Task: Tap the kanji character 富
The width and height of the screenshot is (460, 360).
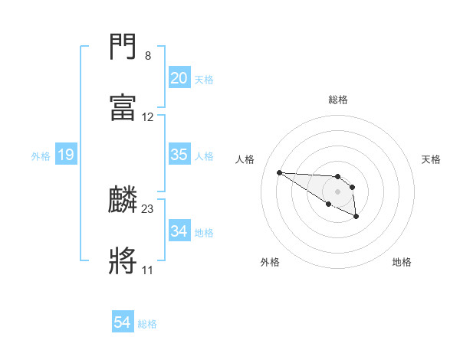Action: pyautogui.click(x=123, y=108)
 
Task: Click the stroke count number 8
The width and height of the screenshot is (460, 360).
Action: pyautogui.click(x=148, y=56)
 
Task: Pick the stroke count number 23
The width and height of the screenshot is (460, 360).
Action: pyautogui.click(x=148, y=208)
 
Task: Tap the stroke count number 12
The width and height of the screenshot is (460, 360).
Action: pyautogui.click(x=148, y=117)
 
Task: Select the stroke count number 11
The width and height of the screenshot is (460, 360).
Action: pyautogui.click(x=147, y=270)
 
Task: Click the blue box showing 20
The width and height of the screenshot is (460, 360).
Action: pyautogui.click(x=179, y=78)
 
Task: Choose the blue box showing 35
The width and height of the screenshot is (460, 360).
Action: pyautogui.click(x=179, y=155)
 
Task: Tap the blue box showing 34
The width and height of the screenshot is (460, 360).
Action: pyautogui.click(x=179, y=231)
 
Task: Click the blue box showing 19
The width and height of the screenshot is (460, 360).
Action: pyautogui.click(x=66, y=155)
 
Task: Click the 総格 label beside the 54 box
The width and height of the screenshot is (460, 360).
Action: pyautogui.click(x=148, y=324)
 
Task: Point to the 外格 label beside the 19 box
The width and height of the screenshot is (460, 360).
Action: pyautogui.click(x=41, y=156)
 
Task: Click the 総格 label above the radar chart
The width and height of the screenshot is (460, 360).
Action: pyautogui.click(x=338, y=100)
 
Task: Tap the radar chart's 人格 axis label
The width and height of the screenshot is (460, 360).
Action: pyautogui.click(x=245, y=159)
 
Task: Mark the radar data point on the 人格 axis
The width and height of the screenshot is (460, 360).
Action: pyautogui.click(x=279, y=172)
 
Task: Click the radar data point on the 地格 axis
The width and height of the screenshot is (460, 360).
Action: pyautogui.click(x=356, y=217)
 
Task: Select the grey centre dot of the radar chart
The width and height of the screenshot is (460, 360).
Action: pyautogui.click(x=337, y=191)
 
